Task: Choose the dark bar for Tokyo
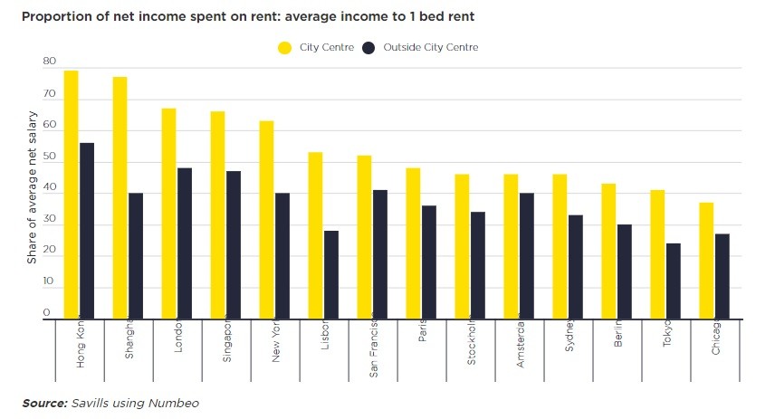[674, 281]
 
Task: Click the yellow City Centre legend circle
[284, 47]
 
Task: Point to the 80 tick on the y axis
[49, 62]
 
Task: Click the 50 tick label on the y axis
[49, 157]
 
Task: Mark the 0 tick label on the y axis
[46, 312]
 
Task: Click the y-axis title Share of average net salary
[32, 187]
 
